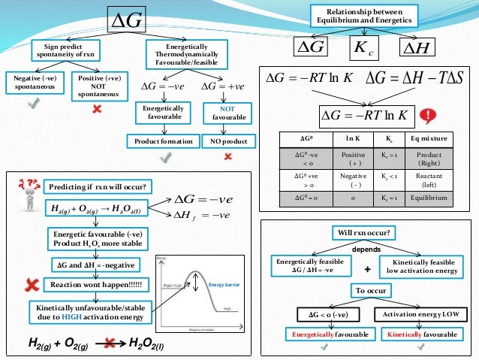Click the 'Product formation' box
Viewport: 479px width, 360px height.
(x=164, y=141)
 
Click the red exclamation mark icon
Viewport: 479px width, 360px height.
(x=429, y=116)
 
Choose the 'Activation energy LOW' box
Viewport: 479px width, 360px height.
(x=426, y=313)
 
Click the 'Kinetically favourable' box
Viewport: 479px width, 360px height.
(x=426, y=332)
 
